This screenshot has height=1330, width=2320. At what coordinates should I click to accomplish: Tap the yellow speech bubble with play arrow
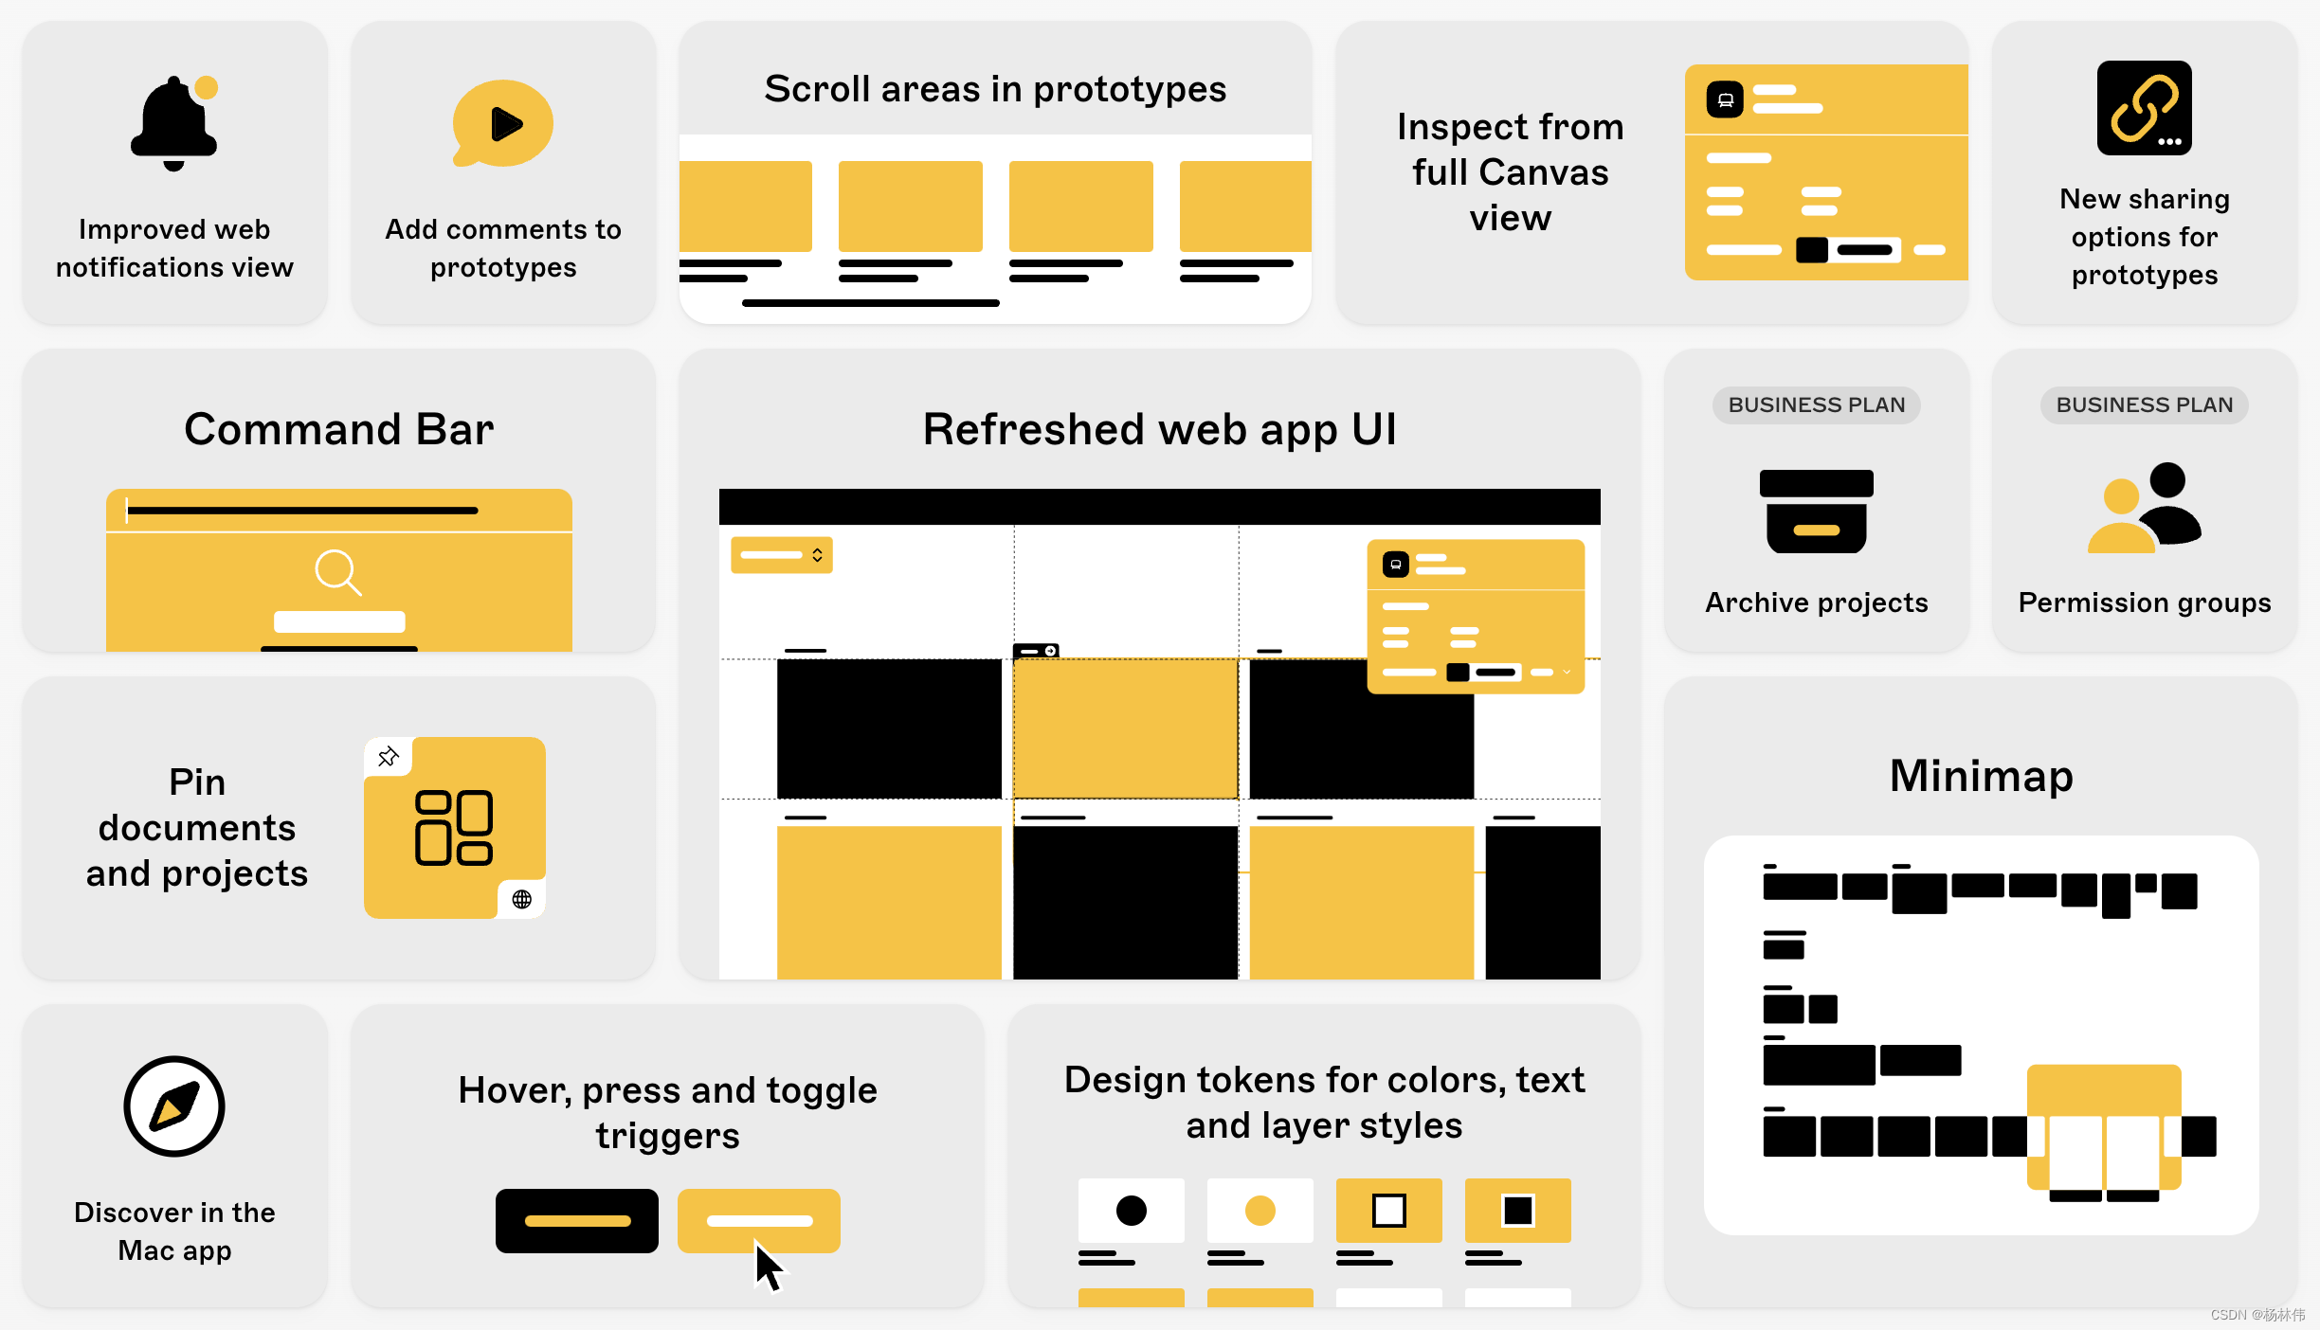tap(503, 123)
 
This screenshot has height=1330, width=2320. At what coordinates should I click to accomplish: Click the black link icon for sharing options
tap(2144, 108)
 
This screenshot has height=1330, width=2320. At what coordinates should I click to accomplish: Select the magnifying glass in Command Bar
tap(337, 572)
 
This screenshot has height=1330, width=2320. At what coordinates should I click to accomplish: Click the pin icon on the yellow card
tap(389, 756)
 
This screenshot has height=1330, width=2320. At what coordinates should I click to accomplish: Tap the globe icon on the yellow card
tap(521, 899)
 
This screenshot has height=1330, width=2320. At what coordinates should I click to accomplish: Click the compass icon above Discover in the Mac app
tap(174, 1106)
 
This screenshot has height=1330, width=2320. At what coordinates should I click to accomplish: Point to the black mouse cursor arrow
tap(768, 1266)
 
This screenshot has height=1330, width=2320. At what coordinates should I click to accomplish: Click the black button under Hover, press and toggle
tap(576, 1221)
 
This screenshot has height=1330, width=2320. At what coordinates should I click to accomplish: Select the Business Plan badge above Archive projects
tap(1816, 405)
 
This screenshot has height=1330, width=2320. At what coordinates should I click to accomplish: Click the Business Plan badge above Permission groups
tap(2144, 405)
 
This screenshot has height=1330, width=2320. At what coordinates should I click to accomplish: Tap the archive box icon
tap(1816, 512)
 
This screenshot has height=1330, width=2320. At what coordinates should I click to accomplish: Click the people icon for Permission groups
tap(2144, 508)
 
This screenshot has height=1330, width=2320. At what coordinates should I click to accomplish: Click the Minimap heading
tap(1981, 776)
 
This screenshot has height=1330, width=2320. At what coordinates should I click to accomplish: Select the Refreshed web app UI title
tap(1159, 429)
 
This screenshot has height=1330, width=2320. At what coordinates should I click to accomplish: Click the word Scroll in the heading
tap(817, 89)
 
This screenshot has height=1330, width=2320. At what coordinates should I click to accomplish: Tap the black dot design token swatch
tap(1131, 1211)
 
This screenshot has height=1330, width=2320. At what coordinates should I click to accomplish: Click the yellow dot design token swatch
tap(1260, 1211)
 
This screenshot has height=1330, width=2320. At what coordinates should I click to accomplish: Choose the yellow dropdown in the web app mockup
tap(781, 555)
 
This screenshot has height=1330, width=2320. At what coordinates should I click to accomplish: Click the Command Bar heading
tap(338, 429)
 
